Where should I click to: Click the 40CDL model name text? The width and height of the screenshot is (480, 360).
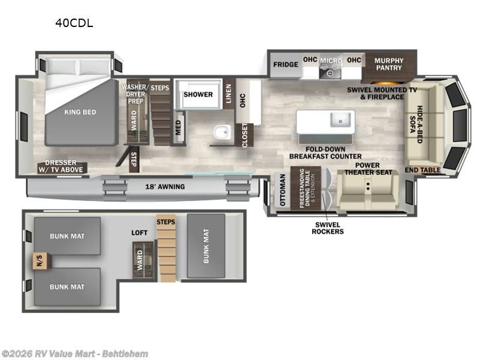tap(74, 23)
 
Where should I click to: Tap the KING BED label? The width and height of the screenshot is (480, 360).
tap(80, 112)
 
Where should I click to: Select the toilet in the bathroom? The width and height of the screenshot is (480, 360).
tap(222, 132)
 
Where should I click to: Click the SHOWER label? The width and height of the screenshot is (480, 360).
tap(198, 94)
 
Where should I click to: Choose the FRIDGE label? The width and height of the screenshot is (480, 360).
tap(286, 65)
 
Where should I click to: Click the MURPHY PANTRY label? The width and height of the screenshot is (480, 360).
tap(389, 64)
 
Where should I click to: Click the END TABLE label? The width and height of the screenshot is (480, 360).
tap(423, 170)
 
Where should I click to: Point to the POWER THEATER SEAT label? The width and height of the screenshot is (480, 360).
tap(368, 169)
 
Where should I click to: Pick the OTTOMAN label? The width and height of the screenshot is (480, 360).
tap(282, 190)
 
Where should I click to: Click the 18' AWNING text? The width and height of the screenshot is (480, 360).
tap(165, 187)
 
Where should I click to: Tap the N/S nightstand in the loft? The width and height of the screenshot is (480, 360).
tap(40, 261)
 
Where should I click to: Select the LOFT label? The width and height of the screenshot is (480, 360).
tap(139, 233)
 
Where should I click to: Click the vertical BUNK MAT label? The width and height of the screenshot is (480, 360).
tap(206, 246)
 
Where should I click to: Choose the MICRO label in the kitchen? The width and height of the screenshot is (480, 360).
tap(331, 61)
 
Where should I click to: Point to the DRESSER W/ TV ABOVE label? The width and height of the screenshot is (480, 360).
tap(61, 166)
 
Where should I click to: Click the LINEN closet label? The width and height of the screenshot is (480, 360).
tap(229, 94)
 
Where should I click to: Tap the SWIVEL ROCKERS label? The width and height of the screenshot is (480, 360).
tap(328, 228)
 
